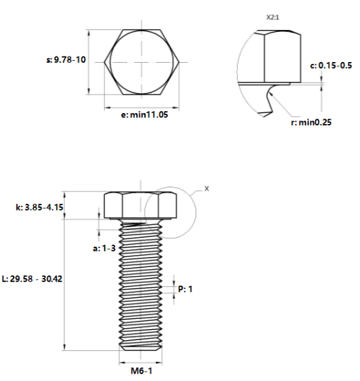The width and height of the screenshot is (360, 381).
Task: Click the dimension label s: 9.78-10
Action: pyautogui.click(x=66, y=59)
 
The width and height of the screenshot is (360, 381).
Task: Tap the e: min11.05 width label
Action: pyautogui.click(x=145, y=115)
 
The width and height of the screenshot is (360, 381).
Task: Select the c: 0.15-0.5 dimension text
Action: pyautogui.click(x=331, y=65)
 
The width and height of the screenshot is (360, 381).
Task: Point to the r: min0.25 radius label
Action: pyautogui.click(x=311, y=122)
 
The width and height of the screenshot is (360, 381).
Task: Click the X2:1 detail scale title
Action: pyautogui.click(x=273, y=18)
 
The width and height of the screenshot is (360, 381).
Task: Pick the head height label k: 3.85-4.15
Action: pyautogui.click(x=40, y=207)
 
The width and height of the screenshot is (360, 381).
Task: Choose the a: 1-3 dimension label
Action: pyautogui.click(x=104, y=248)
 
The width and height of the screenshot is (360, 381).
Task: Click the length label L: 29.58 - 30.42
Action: pyautogui.click(x=32, y=279)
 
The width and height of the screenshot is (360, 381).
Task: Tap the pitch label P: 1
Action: pyautogui.click(x=185, y=289)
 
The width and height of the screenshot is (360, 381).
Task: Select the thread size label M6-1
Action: pyautogui.click(x=141, y=371)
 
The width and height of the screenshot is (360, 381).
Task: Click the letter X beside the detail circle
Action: pyautogui.click(x=207, y=189)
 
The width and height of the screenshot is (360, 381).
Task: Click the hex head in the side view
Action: pyautogui.click(x=140, y=206)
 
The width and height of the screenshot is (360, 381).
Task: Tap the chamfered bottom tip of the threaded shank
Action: pyautogui.click(x=140, y=348)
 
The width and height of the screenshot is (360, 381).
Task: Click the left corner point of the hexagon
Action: pyautogui.click(x=104, y=62)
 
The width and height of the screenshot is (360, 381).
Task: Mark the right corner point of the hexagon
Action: pyautogui.click(x=179, y=62)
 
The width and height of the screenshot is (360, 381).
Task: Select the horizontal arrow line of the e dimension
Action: pyautogui.click(x=142, y=107)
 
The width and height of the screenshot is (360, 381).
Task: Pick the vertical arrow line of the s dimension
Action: pyautogui.click(x=89, y=62)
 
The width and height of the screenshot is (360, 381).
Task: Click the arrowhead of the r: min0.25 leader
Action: pyautogui.click(x=271, y=93)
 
